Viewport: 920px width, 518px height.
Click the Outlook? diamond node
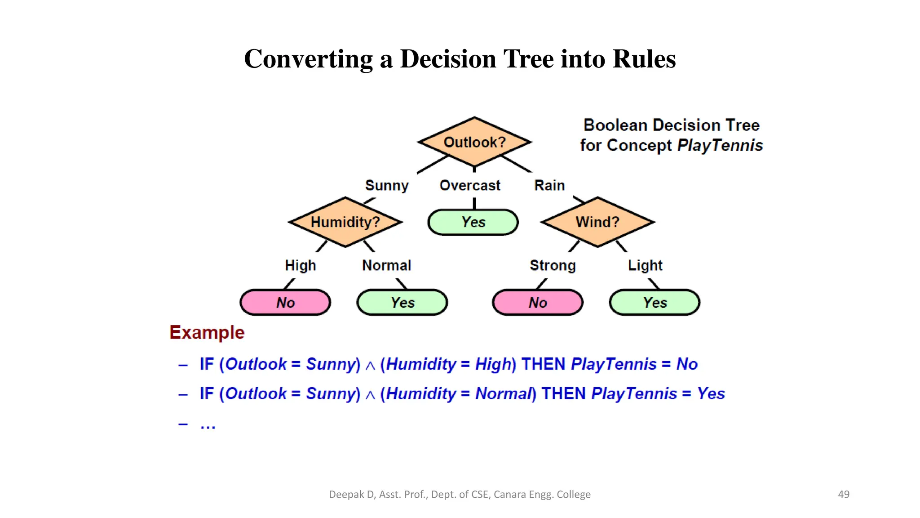point(474,142)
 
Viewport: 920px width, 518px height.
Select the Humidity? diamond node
point(345,222)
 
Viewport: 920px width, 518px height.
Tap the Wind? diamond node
point(597,222)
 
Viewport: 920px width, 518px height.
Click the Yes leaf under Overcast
point(473,222)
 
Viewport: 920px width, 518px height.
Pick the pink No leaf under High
point(285,303)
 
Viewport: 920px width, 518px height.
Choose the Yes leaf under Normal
point(402,303)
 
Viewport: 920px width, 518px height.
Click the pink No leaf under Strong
point(538,303)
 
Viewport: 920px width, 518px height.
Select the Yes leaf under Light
point(655,303)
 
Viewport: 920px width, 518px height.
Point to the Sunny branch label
point(387,186)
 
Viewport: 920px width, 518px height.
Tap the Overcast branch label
point(470,185)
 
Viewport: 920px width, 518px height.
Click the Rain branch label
point(549,185)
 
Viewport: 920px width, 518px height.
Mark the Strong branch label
point(553,266)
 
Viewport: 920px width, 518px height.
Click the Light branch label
point(645,266)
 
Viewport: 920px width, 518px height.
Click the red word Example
point(207,333)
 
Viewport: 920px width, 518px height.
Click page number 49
point(844,494)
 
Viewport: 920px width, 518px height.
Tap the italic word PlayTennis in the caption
point(720,146)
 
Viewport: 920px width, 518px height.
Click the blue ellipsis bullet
point(208,425)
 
